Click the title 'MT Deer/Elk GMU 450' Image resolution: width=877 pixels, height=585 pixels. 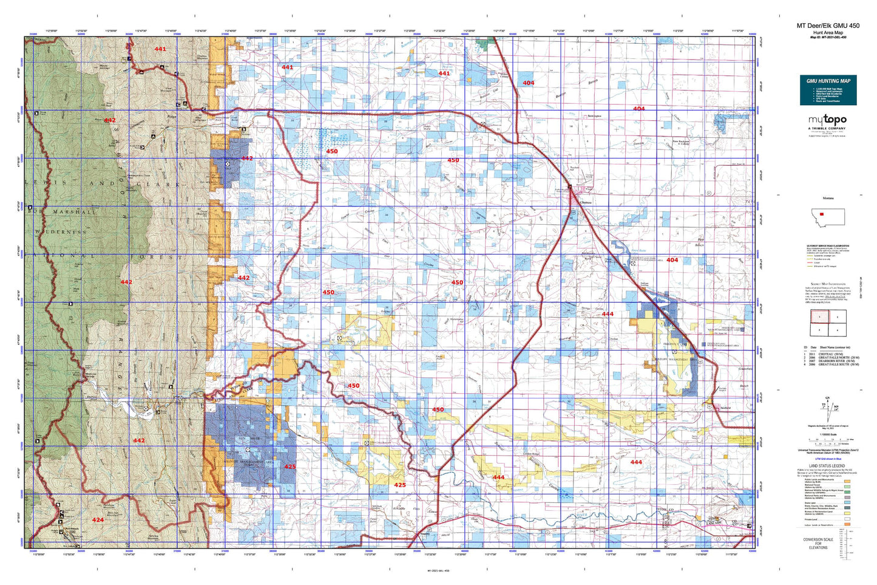coord(828,26)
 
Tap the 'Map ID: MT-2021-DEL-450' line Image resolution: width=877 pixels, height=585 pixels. coord(828,37)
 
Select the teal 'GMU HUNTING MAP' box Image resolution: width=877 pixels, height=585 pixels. coord(828,90)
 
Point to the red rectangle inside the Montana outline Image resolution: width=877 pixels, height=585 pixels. coord(822,214)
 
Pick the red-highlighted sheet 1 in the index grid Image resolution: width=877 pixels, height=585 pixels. coord(819,316)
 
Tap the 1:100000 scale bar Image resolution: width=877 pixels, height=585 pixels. coord(828,439)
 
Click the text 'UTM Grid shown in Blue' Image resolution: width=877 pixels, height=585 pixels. coord(828,459)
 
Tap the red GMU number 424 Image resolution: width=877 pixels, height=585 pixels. coord(98,520)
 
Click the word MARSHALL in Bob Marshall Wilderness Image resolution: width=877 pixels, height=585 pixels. coord(75,212)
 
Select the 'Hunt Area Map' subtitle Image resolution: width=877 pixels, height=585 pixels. coord(828,32)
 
